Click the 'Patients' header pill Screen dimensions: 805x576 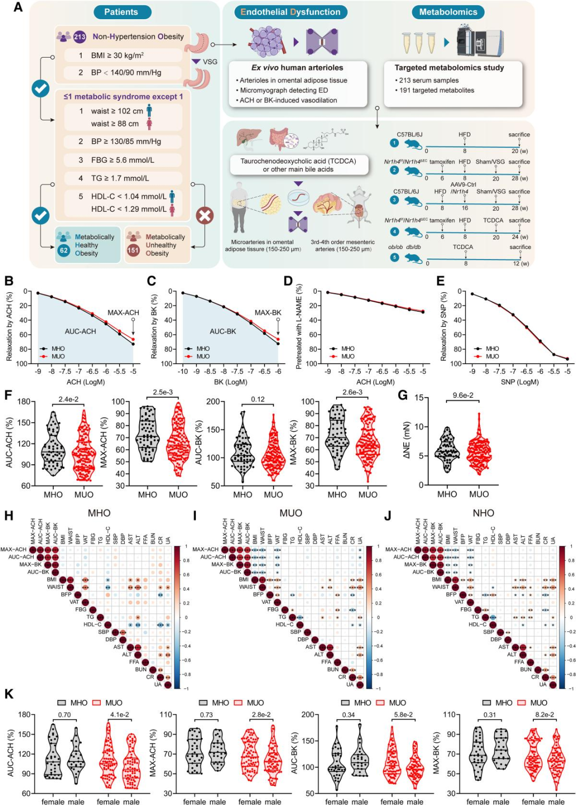click(x=121, y=12)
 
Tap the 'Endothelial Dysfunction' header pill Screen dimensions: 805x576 click(x=290, y=12)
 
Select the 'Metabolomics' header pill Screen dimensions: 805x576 click(x=447, y=12)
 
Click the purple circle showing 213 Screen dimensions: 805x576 click(x=79, y=37)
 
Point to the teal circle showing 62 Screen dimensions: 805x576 click(x=64, y=250)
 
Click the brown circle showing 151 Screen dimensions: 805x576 click(x=133, y=250)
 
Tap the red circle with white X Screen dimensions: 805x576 click(x=205, y=215)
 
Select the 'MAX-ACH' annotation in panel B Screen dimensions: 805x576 click(x=123, y=313)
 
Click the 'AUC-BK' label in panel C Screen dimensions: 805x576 click(x=223, y=332)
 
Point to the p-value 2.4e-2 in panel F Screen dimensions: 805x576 click(x=68, y=399)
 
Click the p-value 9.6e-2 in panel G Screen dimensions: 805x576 click(x=463, y=395)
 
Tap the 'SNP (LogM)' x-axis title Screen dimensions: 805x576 click(x=519, y=382)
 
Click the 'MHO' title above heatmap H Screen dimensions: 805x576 click(x=99, y=513)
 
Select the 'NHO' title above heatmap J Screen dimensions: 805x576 click(x=483, y=513)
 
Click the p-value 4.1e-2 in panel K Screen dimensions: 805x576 click(x=119, y=715)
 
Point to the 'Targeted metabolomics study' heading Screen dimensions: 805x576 click(x=449, y=68)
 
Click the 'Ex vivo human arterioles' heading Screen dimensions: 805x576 click(x=297, y=68)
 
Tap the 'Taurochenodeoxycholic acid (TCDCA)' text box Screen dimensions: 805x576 click(x=298, y=165)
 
